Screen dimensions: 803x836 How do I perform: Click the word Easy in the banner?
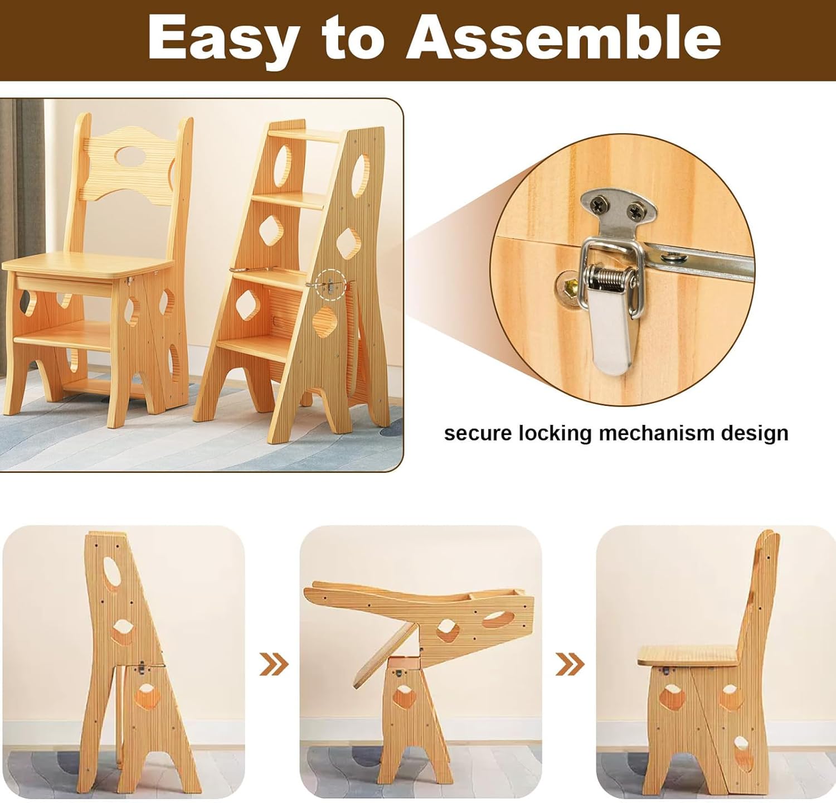point(222,39)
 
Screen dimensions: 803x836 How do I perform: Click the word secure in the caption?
point(478,433)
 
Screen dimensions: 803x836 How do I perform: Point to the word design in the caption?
point(755,433)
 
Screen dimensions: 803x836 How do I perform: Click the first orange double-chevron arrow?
point(274,664)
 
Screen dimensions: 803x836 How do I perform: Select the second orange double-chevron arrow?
point(570,664)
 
